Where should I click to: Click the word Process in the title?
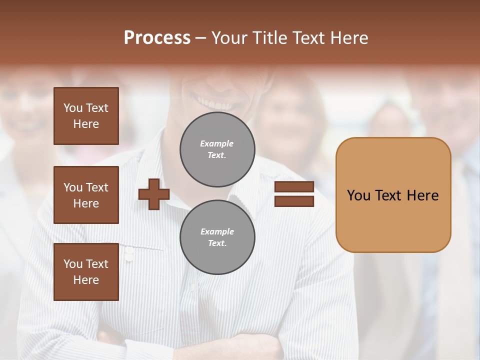click(157, 38)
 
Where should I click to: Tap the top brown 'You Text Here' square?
click(86, 116)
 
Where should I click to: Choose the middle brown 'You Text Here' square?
click(86, 195)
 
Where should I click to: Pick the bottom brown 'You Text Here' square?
click(86, 272)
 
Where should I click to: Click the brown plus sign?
click(154, 194)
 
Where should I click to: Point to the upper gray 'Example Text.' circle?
click(217, 149)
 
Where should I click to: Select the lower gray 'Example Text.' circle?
click(217, 237)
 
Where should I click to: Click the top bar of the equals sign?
click(294, 187)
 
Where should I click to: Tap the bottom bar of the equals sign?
click(294, 201)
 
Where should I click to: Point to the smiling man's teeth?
click(216, 103)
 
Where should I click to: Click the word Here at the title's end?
click(349, 38)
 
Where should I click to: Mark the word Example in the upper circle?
click(217, 144)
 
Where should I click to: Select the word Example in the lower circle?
click(217, 232)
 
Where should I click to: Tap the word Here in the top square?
click(86, 124)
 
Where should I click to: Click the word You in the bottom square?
click(73, 264)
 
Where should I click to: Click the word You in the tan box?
click(358, 195)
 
